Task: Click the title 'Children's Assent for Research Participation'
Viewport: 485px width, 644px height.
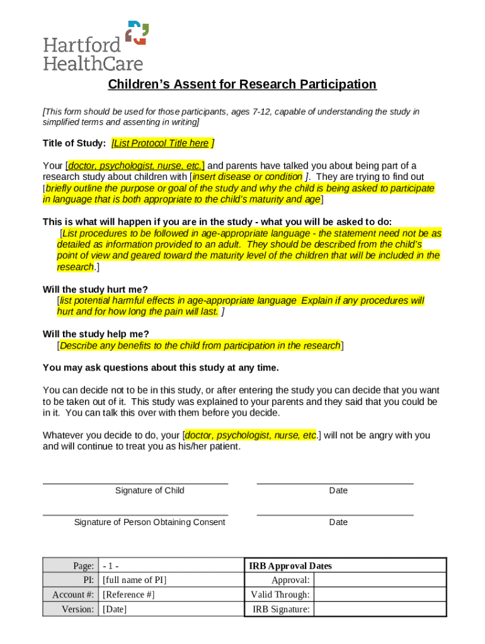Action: click(x=242, y=84)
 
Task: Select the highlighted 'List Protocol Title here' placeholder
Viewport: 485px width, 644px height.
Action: click(x=161, y=143)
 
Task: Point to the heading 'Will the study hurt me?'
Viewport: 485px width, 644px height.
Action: click(x=95, y=289)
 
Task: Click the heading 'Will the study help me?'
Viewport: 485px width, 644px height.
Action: click(x=96, y=333)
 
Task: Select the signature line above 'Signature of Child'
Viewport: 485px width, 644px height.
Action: click(x=135, y=483)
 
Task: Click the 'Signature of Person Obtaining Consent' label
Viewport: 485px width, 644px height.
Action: click(x=149, y=522)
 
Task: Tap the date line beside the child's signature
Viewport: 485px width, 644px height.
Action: click(x=335, y=483)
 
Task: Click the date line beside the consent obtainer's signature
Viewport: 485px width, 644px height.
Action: click(x=335, y=515)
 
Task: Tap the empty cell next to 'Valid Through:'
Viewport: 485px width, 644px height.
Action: click(x=379, y=594)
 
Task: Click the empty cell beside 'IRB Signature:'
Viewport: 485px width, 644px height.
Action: click(x=379, y=609)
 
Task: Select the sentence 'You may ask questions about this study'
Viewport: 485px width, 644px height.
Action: click(x=160, y=367)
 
